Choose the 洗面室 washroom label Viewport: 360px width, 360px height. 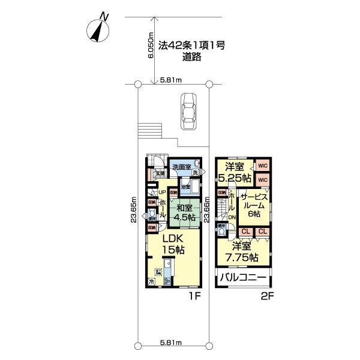coord(181,167)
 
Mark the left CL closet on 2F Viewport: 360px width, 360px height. coord(245,232)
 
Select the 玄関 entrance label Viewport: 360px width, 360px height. coord(160,175)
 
